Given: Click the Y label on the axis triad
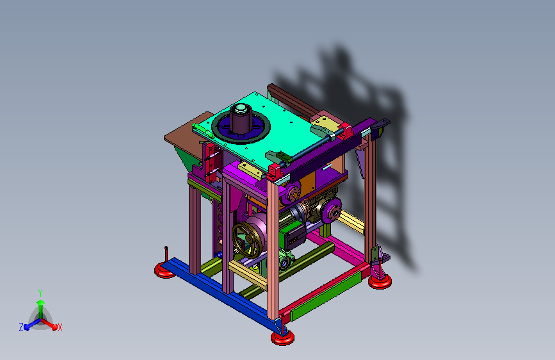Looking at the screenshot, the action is click(x=40, y=293).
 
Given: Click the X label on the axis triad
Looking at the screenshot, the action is click(x=60, y=327).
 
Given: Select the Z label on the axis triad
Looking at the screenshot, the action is click(x=21, y=327).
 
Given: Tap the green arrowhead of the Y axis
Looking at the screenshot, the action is click(x=41, y=302).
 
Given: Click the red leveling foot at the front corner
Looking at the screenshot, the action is click(x=282, y=338).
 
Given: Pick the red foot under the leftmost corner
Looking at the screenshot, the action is click(x=165, y=270).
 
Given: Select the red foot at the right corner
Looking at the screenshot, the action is click(x=380, y=281).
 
